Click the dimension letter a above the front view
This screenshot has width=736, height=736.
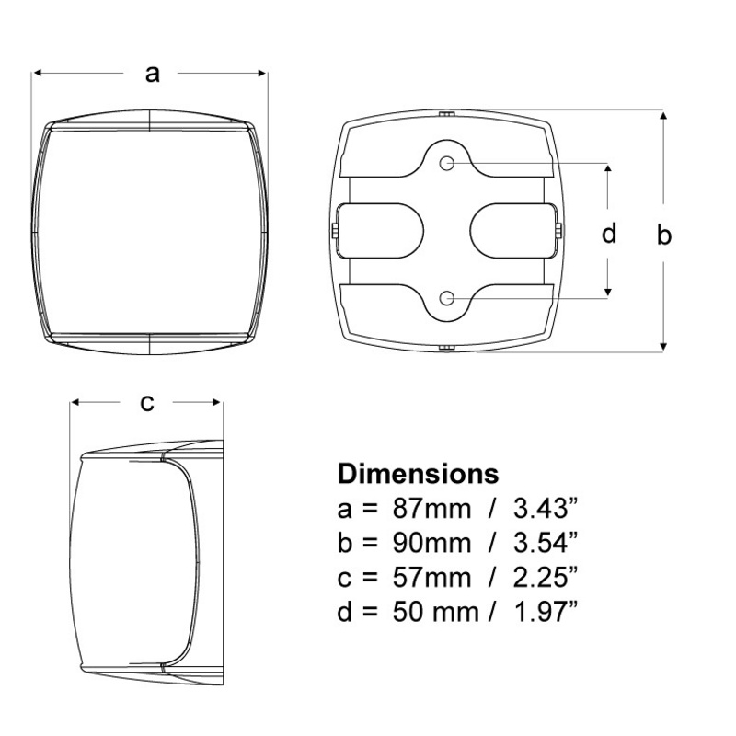tap(152, 74)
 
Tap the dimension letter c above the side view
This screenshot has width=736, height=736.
tap(147, 403)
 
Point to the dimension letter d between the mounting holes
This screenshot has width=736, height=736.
tap(609, 233)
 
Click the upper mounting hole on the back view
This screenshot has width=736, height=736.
tap(446, 164)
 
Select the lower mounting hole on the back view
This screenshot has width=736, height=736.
tap(446, 297)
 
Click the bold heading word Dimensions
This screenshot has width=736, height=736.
tap(418, 474)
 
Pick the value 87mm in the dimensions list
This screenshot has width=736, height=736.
tap(431, 509)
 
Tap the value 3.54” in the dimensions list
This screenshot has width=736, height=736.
tap(545, 543)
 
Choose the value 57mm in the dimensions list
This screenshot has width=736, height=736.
tap(431, 578)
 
